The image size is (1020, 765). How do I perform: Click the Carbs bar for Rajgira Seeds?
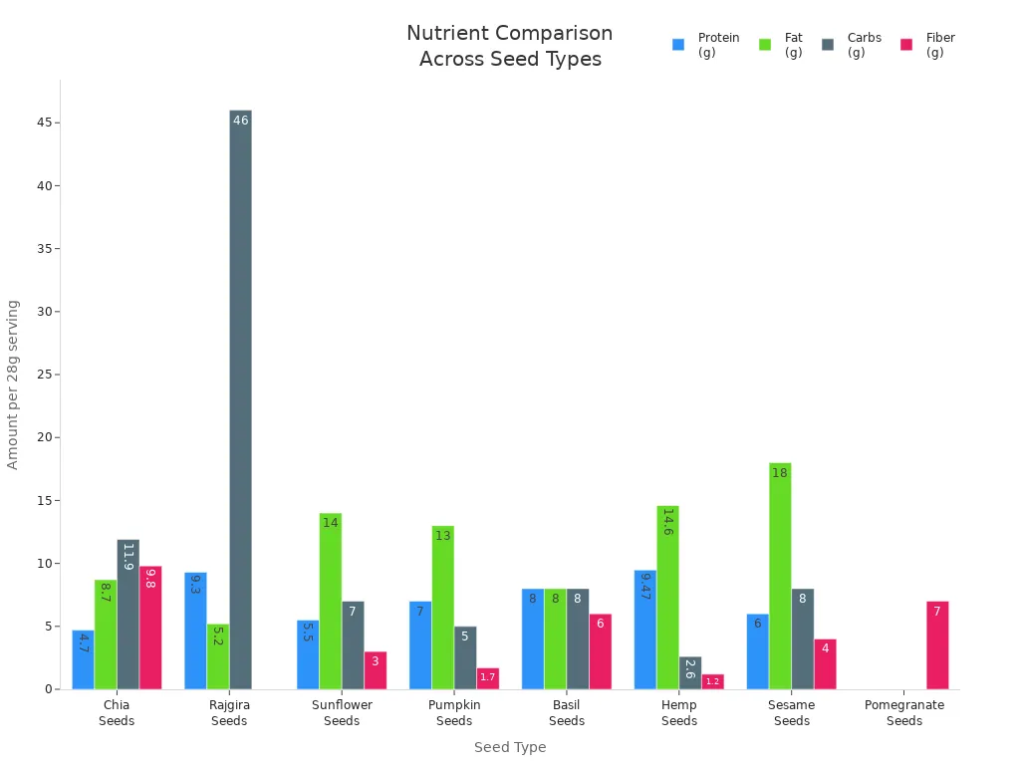[240, 399]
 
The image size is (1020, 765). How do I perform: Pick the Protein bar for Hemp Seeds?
[645, 630]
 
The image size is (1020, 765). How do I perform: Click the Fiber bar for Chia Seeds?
[150, 628]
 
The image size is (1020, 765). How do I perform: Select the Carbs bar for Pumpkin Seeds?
[465, 657]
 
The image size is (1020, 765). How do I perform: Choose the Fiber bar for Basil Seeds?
[600, 651]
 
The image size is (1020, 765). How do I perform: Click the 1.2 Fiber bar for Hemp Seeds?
[712, 681]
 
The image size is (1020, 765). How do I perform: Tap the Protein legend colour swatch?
[678, 45]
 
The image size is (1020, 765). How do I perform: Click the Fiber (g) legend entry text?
[940, 45]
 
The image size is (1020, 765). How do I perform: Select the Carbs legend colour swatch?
[828, 45]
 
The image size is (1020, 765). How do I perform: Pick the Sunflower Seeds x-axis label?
[342, 712]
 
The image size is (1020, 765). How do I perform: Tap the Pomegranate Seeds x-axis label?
[904, 712]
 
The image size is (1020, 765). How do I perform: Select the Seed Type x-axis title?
[510, 747]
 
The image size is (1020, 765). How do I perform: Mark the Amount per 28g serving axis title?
[13, 384]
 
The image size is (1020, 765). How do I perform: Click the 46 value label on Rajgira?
[240, 121]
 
